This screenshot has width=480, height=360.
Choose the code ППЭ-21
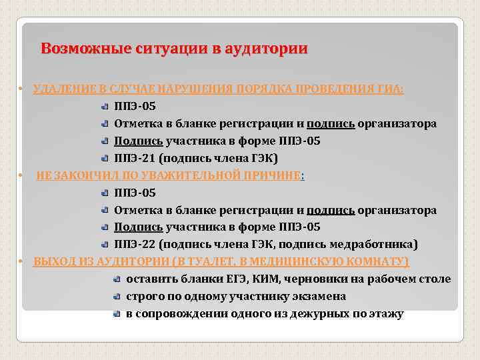click(x=135, y=158)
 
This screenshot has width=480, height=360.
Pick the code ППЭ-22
click(x=135, y=244)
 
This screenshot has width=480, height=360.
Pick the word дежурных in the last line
click(x=306, y=313)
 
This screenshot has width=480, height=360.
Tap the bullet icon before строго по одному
click(x=117, y=297)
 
